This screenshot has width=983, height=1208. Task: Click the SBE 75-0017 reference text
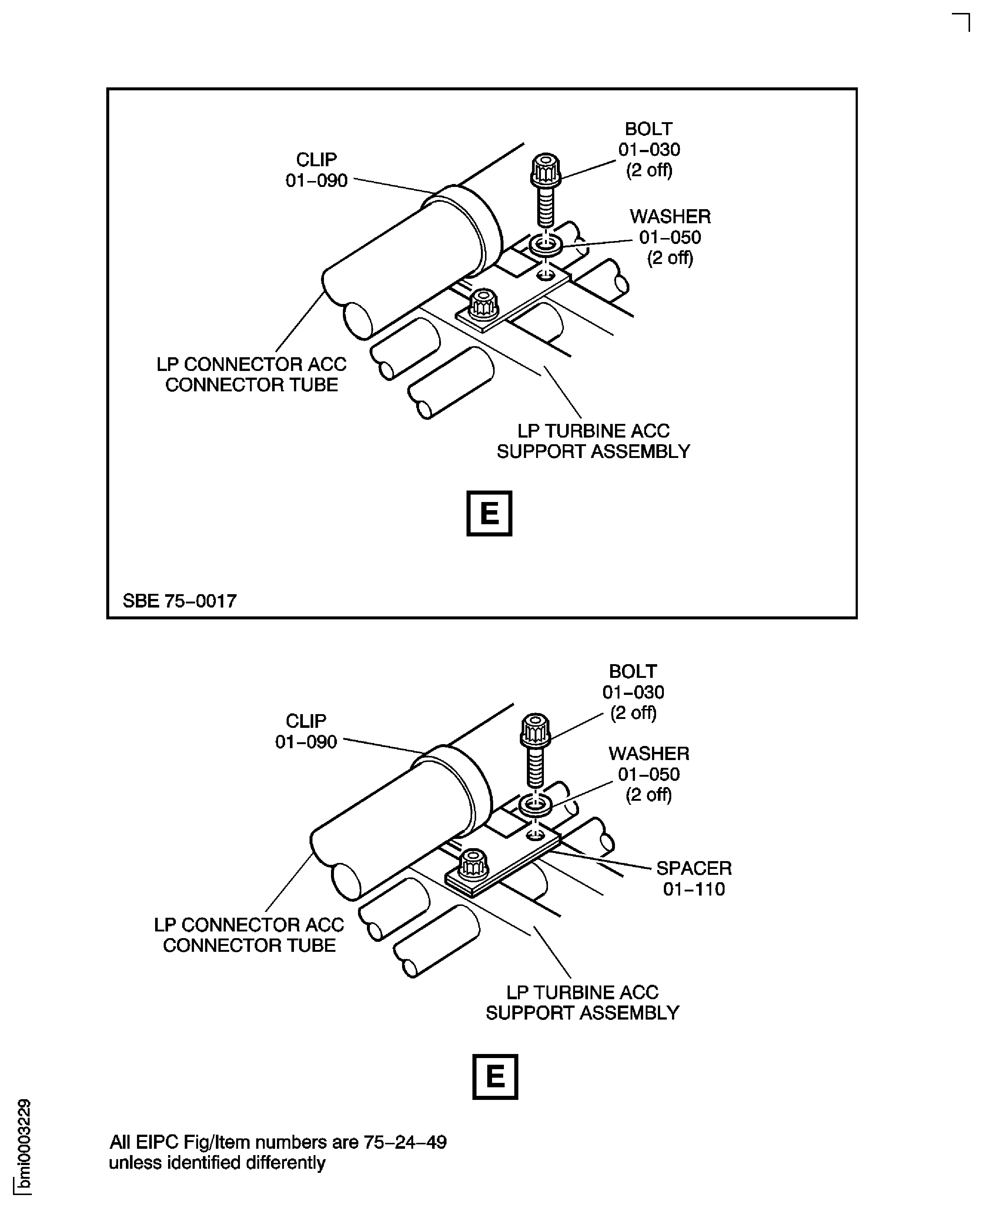[x=180, y=600]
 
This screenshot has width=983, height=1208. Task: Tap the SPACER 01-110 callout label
[x=693, y=878]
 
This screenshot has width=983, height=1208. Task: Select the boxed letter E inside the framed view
[x=489, y=513]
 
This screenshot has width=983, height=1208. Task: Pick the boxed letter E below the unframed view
[x=495, y=1077]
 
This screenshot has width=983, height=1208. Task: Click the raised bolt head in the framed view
[x=546, y=169]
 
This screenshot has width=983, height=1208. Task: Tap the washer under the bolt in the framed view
[x=545, y=245]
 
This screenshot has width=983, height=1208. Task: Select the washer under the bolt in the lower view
[x=535, y=805]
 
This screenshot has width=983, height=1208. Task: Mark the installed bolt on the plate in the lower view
[x=473, y=864]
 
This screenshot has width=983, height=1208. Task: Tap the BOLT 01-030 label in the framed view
[x=649, y=150]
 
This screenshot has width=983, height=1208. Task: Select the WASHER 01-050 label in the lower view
[x=649, y=774]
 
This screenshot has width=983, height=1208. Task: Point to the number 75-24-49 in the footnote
[x=405, y=1142]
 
